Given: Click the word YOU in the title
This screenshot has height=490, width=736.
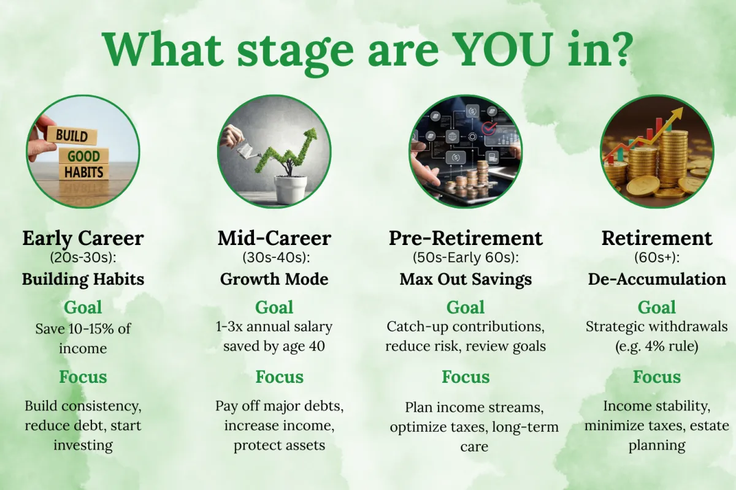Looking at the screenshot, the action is point(504,49).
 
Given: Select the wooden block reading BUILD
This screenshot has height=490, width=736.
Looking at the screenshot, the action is point(72,135).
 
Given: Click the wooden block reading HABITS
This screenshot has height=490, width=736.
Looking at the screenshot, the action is point(84,172).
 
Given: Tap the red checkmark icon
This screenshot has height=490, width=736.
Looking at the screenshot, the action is point(489,129).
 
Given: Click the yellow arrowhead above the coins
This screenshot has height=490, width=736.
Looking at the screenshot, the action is point(677,113).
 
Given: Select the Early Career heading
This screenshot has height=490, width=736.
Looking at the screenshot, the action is point(83,238).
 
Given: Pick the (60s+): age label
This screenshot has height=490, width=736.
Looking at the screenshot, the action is point(657,258).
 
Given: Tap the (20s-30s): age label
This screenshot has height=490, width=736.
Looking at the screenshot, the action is point(83,258).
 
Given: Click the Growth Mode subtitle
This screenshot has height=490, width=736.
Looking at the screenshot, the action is point(274,279).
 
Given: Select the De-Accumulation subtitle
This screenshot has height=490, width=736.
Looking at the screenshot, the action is point(657,279).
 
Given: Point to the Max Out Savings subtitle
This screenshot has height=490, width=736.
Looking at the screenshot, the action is point(466,279).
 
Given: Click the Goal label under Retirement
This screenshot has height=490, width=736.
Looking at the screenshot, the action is point(657,307).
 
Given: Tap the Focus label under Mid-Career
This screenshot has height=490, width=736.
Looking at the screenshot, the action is point(280,377).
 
